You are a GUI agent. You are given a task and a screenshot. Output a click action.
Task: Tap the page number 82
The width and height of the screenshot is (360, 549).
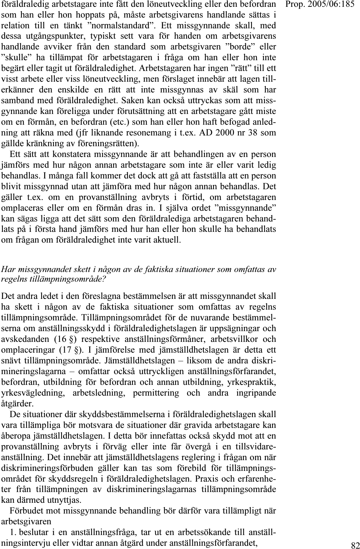[x=355, y=543]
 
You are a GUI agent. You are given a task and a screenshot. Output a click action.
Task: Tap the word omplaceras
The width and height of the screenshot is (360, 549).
[x=23, y=208]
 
